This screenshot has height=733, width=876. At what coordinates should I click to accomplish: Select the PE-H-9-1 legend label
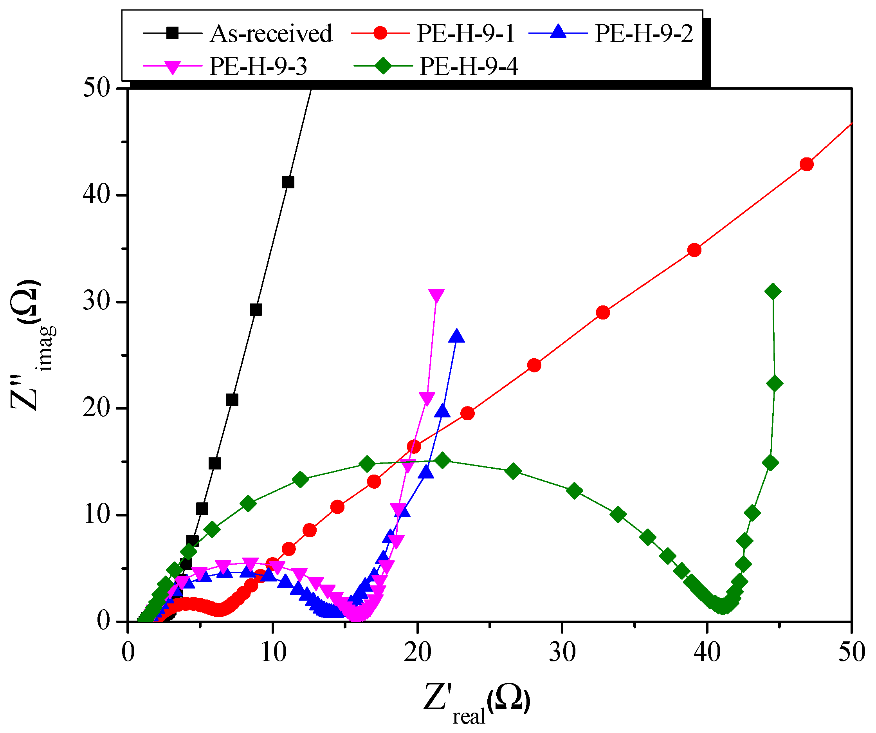pyautogui.click(x=466, y=33)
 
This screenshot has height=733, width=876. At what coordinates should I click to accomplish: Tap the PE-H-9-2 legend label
pyautogui.click(x=644, y=33)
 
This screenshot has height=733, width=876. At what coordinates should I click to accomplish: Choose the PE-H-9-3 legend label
pyautogui.click(x=258, y=66)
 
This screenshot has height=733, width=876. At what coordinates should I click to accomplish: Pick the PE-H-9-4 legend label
pyautogui.click(x=469, y=66)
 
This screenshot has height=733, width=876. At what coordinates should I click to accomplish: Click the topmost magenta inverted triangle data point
pyautogui.click(x=436, y=295)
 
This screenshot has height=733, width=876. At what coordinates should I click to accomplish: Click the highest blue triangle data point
pyautogui.click(x=457, y=336)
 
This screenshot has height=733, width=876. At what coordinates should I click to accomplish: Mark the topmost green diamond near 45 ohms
pyautogui.click(x=773, y=291)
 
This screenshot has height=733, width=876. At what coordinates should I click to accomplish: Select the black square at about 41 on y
pyautogui.click(x=288, y=182)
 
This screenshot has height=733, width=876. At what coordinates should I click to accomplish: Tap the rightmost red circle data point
pyautogui.click(x=807, y=164)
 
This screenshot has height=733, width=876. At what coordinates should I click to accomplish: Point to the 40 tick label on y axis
pyautogui.click(x=96, y=195)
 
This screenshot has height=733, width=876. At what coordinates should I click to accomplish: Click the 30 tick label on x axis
pyautogui.click(x=562, y=652)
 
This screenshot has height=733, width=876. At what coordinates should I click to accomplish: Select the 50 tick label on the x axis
pyautogui.click(x=851, y=652)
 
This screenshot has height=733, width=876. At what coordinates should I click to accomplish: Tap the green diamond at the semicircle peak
pyautogui.click(x=442, y=460)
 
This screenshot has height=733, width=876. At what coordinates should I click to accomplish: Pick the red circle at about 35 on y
pyautogui.click(x=694, y=250)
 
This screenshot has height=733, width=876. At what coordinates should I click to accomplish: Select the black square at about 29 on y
pyautogui.click(x=256, y=310)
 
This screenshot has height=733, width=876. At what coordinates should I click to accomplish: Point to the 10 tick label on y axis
pyautogui.click(x=96, y=515)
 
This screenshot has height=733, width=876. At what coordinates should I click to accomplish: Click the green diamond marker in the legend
pyautogui.click(x=382, y=66)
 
